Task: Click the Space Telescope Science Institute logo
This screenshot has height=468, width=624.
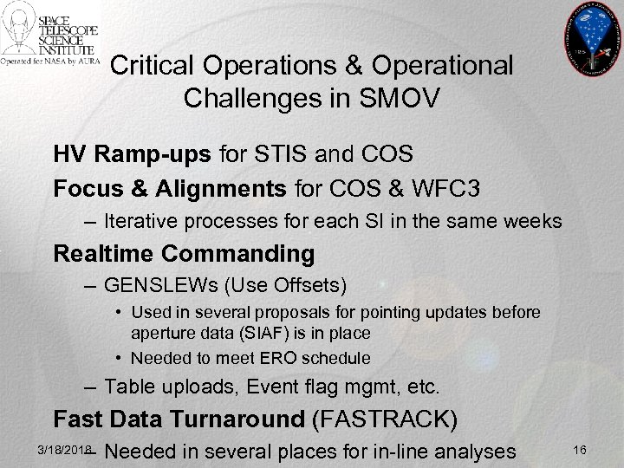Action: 50,36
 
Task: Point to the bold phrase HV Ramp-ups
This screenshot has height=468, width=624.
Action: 132,154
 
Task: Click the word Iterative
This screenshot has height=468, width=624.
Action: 142,221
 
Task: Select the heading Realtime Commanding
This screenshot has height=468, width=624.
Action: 184,254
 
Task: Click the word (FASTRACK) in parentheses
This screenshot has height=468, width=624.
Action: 383,419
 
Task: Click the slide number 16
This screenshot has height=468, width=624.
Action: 580,449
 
